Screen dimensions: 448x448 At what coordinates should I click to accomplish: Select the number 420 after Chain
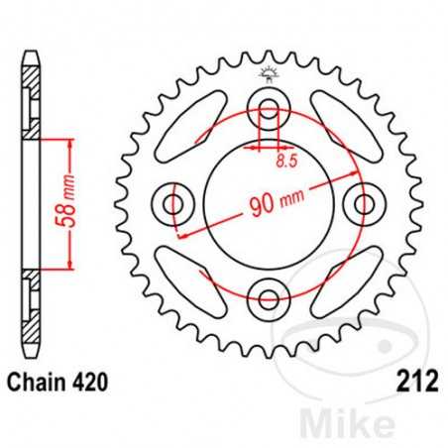tap(87, 381)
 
